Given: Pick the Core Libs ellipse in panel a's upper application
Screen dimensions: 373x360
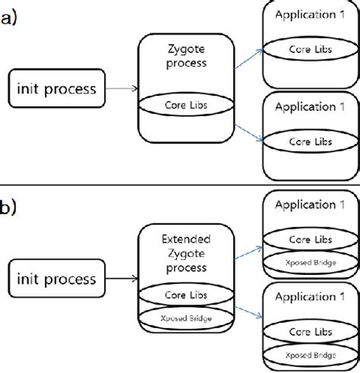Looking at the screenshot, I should coord(309,49).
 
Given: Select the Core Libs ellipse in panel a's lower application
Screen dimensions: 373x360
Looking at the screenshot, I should coord(309,142).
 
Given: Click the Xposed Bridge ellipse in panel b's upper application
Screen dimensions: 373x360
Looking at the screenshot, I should coord(309,261).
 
